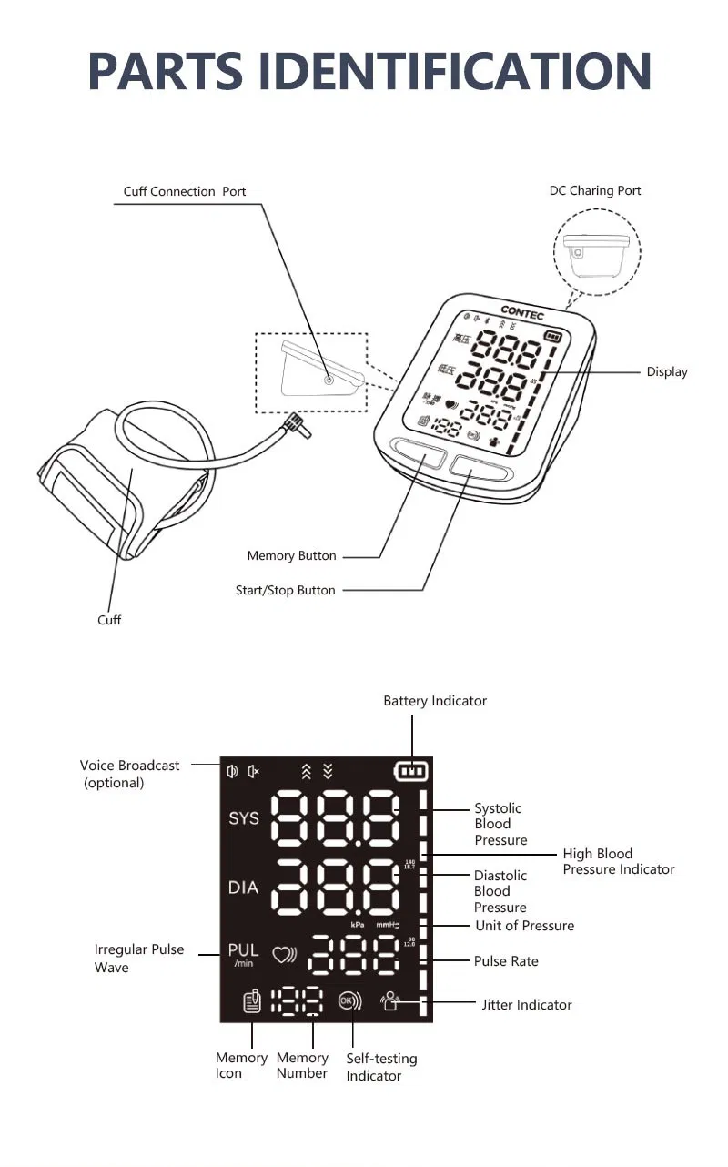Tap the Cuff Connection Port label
[185, 191]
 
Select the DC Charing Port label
[595, 190]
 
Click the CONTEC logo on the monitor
[522, 311]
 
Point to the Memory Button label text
[291, 555]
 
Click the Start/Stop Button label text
[285, 590]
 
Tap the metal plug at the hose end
[296, 423]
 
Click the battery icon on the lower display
[412, 772]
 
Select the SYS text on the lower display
[244, 818]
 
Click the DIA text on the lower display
[243, 887]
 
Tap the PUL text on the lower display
[243, 950]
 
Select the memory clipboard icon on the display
[252, 1001]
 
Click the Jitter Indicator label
[527, 1005]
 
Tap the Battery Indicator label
[435, 701]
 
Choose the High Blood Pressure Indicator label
[618, 861]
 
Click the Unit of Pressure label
[525, 926]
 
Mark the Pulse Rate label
[506, 961]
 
